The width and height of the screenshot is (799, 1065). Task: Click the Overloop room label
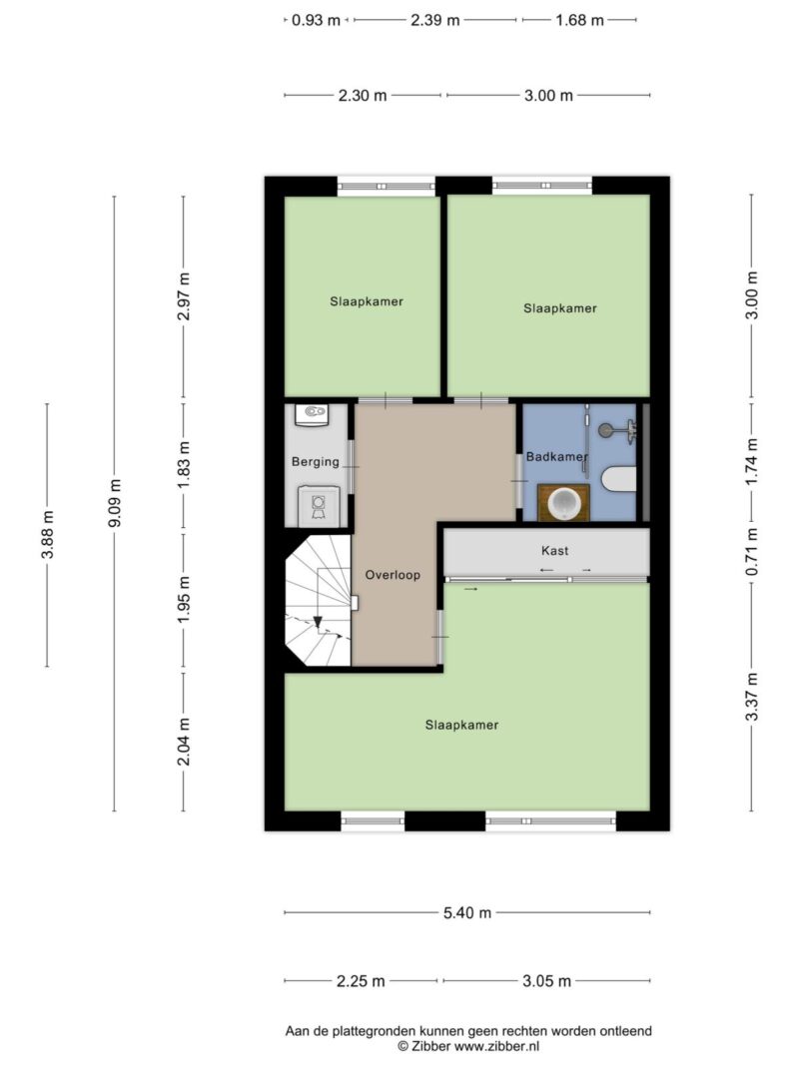(393, 575)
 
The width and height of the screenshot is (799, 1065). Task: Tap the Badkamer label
(556, 456)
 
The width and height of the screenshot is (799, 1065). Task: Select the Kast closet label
(555, 550)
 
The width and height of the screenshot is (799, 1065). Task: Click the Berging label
(316, 462)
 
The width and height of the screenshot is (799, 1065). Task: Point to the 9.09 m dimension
(115, 503)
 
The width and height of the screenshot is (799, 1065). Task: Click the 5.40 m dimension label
(467, 913)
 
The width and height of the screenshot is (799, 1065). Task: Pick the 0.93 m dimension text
(316, 20)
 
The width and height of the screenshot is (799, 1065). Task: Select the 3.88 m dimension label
(48, 535)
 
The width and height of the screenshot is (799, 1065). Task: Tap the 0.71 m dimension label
(751, 551)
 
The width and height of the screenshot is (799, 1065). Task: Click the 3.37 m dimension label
(751, 697)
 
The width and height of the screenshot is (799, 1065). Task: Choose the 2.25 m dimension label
(361, 981)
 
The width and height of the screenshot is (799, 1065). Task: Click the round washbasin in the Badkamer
(563, 503)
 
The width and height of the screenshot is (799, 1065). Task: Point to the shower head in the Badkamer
(605, 430)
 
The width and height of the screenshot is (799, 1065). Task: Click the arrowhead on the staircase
(318, 622)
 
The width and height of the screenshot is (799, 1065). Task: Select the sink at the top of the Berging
(313, 414)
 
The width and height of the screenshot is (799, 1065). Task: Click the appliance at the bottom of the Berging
(318, 505)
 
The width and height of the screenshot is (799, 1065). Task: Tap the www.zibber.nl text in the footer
(496, 1047)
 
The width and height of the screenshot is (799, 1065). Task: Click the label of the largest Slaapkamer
(462, 725)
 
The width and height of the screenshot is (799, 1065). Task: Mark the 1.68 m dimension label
(579, 20)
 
